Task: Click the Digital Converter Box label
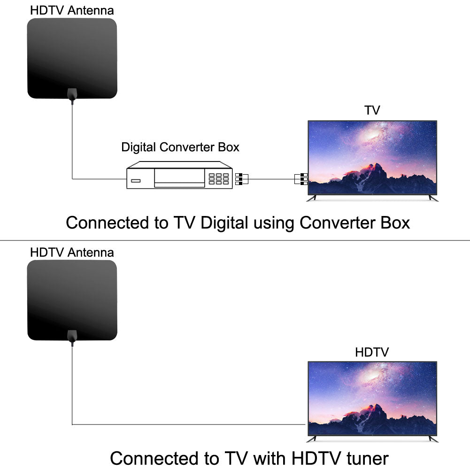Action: [180, 147]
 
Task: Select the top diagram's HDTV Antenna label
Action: [72, 10]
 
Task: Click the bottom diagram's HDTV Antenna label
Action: [72, 252]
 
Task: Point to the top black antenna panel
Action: [72, 56]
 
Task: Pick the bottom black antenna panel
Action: [72, 299]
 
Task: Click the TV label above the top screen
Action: [372, 110]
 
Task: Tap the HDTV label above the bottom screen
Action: [372, 352]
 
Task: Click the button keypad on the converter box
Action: [219, 178]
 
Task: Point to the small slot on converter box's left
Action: [136, 181]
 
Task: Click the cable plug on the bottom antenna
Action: [72, 337]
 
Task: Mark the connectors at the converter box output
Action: [239, 178]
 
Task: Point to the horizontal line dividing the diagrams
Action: [235, 240]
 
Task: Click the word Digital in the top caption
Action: [224, 222]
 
